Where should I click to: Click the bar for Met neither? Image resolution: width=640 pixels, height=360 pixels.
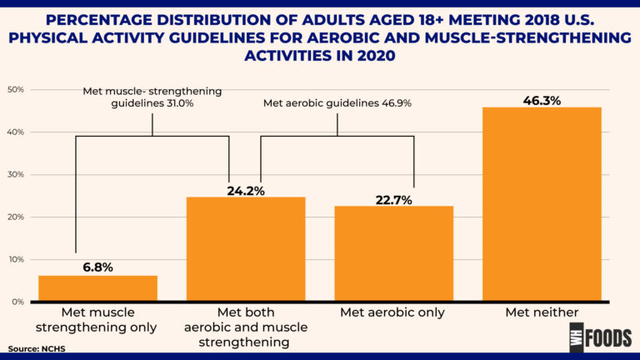coord(542,204)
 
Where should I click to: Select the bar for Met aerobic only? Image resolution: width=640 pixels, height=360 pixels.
coord(394,253)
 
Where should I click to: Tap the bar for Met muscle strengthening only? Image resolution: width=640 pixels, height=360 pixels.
coord(97,288)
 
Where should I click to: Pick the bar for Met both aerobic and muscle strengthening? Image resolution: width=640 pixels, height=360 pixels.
coord(246,249)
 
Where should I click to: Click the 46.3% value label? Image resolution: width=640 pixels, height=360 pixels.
coord(542,100)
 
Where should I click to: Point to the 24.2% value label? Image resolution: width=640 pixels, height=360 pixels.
coord(246,191)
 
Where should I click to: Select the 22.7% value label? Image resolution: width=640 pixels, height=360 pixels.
coord(394,199)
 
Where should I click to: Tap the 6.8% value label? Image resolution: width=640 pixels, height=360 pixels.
coord(97,267)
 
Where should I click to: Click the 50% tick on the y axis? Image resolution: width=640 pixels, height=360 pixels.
coord(15,90)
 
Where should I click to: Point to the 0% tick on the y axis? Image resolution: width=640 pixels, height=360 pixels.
coord(17,302)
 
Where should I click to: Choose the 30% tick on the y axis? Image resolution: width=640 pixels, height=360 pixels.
coord(15,175)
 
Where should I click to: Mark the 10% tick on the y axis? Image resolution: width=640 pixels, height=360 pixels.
coord(15,259)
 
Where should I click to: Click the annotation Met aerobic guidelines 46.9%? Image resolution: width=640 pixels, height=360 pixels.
coord(337,103)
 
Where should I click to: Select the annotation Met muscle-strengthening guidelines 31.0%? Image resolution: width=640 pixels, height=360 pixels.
coord(152,97)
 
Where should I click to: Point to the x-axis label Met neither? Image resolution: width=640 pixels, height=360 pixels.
coord(542,313)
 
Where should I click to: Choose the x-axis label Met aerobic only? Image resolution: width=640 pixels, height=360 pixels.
coord(394,313)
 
